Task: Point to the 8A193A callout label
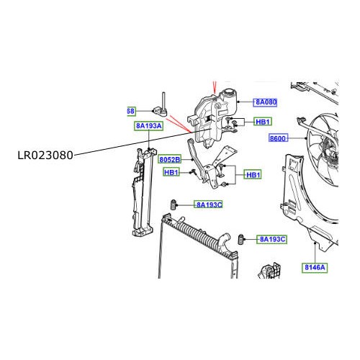pyautogui.click(x=148, y=125)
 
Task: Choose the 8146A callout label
pyautogui.click(x=314, y=267)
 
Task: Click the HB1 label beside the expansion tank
pyautogui.click(x=264, y=122)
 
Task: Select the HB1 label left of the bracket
pyautogui.click(x=171, y=172)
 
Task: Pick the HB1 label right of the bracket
pyautogui.click(x=253, y=175)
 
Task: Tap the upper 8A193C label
pyautogui.click(x=209, y=204)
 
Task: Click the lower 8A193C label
pyautogui.click(x=273, y=238)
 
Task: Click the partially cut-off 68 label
pyautogui.click(x=130, y=111)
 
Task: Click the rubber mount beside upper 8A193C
pyautogui.click(x=173, y=204)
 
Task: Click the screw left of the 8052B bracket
pyautogui.click(x=192, y=173)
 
